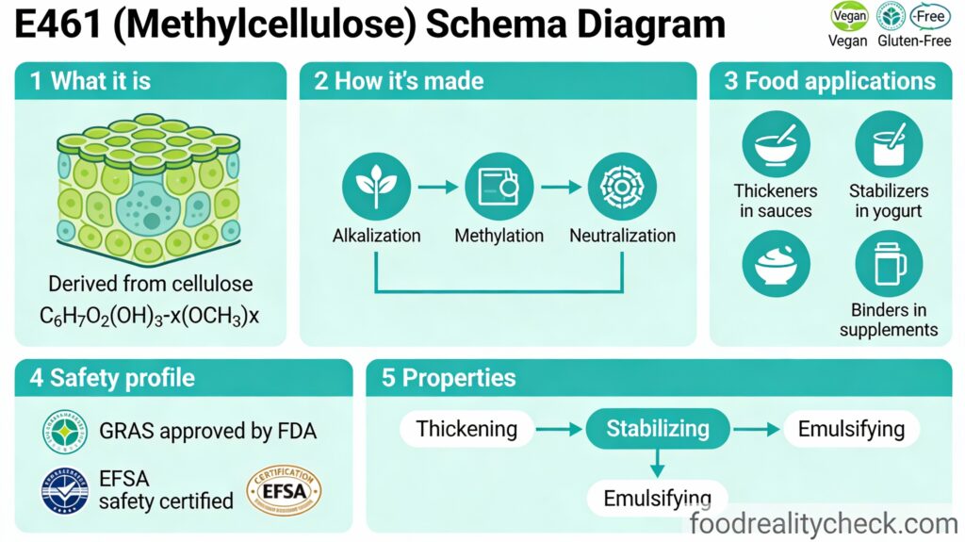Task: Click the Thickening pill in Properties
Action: pos(466,430)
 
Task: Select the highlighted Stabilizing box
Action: pos(658,430)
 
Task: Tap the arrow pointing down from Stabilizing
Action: pos(658,461)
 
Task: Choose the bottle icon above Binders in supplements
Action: pos(889,265)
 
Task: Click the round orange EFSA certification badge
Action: pos(284,492)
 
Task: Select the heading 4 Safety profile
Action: pos(112,378)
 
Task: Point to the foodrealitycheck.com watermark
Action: pos(824,523)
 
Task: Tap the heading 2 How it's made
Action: pos(399,81)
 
